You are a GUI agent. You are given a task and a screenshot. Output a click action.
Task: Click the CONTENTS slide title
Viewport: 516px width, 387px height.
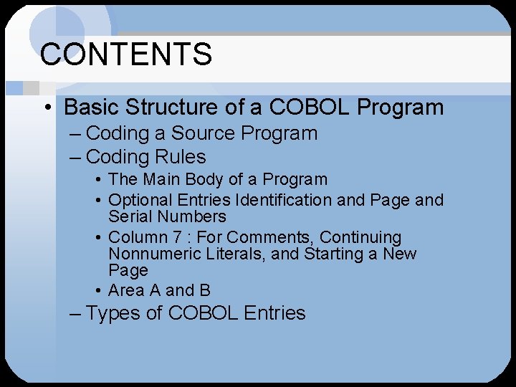click(126, 54)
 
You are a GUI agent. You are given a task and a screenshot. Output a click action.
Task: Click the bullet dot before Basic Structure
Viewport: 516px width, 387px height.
click(47, 108)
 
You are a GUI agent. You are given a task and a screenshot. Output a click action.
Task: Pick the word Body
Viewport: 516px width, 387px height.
click(206, 179)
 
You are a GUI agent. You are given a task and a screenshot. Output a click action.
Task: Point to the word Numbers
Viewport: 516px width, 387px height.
click(191, 216)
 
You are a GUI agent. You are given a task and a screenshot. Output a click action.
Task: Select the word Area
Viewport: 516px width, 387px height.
click(125, 290)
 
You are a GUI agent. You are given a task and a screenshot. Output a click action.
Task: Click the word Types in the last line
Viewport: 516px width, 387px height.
click(113, 313)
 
